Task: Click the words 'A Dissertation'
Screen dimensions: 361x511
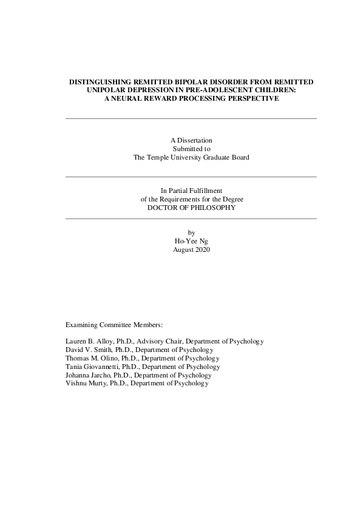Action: pos(191,140)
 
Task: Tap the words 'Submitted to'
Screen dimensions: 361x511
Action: pos(191,148)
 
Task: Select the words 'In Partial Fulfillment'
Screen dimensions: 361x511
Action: pos(191,191)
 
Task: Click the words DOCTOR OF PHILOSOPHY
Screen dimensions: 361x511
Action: pos(191,207)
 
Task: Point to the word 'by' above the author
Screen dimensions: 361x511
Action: pos(191,232)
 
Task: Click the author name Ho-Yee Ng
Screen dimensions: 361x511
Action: pos(191,241)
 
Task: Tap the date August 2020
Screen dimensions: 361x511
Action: pos(191,249)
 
